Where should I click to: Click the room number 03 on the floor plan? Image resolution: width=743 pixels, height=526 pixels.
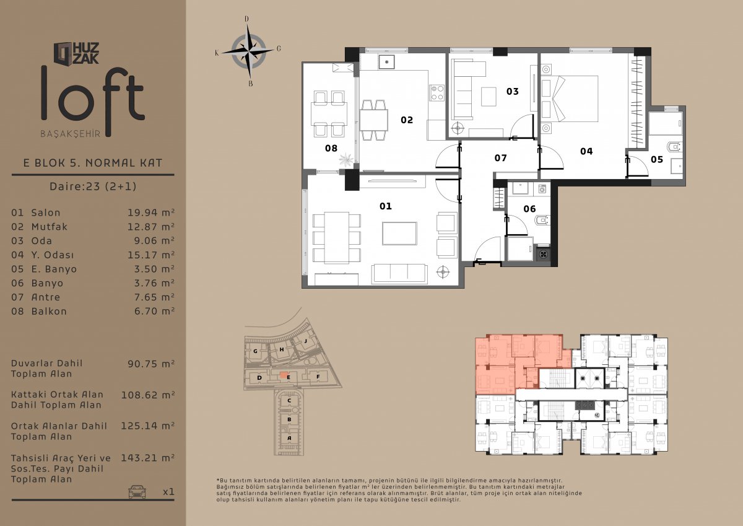[x=513, y=91]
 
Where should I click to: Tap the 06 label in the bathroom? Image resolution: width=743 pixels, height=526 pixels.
[x=529, y=209]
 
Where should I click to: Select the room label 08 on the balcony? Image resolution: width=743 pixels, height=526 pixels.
[x=331, y=148]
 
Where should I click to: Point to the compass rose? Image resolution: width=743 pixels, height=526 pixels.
[x=248, y=51]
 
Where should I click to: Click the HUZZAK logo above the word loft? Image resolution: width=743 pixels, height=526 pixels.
[x=76, y=53]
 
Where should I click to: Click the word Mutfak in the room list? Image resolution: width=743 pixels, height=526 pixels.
[x=50, y=227]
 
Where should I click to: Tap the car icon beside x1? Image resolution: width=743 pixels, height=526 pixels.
[x=137, y=491]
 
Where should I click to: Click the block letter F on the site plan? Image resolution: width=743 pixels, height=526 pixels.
[x=318, y=377]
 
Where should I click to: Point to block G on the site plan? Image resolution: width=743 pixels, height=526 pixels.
[x=255, y=351]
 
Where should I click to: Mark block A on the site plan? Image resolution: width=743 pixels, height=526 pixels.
[x=289, y=438]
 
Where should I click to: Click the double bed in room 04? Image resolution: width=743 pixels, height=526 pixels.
[x=570, y=99]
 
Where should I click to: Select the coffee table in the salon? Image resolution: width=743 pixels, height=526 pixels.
[x=399, y=234]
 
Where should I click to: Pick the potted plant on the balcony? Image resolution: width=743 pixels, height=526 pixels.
[x=346, y=160]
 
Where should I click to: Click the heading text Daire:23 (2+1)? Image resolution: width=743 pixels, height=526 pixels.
[x=93, y=186]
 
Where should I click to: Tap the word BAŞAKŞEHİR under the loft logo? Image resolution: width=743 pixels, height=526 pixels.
[x=71, y=134]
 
